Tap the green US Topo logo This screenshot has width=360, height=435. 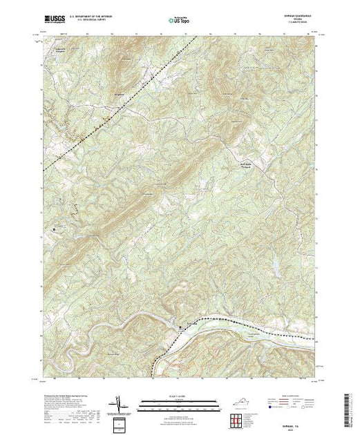[x=180, y=20]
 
